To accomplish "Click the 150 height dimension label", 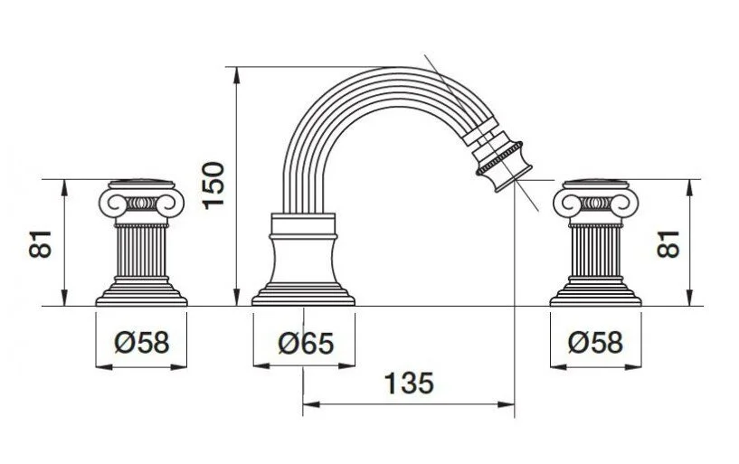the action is (x=213, y=185).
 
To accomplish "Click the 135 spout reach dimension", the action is (x=409, y=383).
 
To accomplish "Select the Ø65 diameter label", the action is (x=306, y=343).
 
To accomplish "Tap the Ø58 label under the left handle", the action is (x=141, y=342).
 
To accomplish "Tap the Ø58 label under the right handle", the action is (x=595, y=342).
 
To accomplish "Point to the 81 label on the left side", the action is (x=40, y=243).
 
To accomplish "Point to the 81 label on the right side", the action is (x=668, y=243).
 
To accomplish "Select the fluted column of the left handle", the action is (x=141, y=251).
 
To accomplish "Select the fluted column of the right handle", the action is (x=595, y=251).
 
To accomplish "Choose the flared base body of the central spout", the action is (x=303, y=260).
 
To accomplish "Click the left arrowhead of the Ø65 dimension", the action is (x=261, y=365).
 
